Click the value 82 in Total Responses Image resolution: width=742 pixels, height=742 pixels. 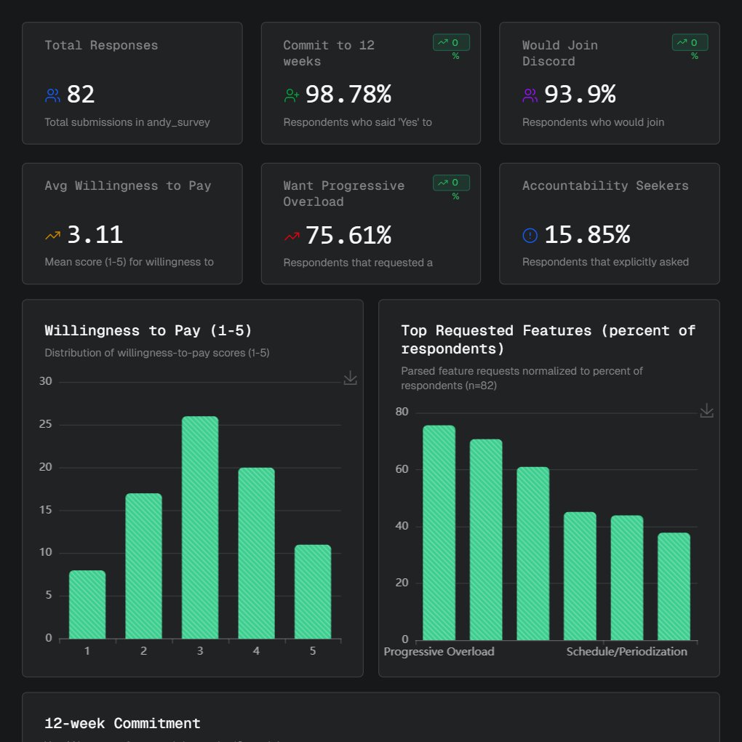81,95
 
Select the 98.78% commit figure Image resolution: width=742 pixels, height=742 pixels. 348,95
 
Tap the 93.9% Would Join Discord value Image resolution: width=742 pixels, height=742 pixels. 580,95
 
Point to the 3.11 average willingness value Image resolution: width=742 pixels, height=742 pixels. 95,235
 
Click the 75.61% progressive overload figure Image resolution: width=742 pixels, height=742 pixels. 348,235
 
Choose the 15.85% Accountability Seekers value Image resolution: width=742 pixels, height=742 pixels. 587,235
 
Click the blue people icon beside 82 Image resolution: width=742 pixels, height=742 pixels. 52,95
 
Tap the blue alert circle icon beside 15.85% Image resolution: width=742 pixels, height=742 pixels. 530,236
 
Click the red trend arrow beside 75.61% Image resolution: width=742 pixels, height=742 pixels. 292,236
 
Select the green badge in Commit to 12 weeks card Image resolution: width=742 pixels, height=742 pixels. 451,43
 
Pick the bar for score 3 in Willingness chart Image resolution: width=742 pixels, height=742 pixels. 200,527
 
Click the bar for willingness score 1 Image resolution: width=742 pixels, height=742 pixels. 87,605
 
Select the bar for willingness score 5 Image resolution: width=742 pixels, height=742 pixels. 313,591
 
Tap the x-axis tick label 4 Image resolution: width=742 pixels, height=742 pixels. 256,651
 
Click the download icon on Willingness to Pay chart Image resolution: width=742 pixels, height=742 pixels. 350,378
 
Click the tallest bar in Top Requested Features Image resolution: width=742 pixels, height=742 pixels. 439,532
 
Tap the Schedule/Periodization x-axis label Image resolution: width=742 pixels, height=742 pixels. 626,652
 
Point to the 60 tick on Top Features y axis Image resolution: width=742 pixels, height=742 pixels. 402,469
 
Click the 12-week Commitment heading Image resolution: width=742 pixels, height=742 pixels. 122,724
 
